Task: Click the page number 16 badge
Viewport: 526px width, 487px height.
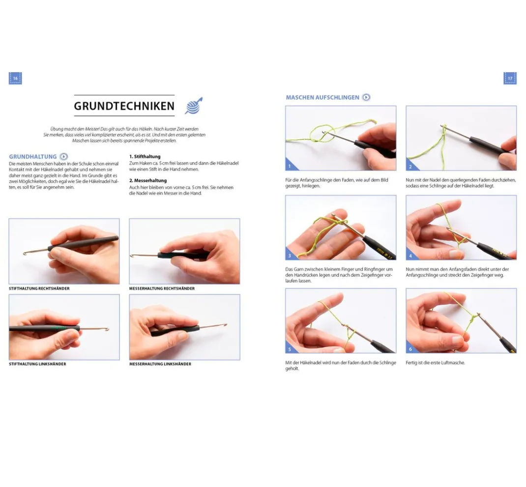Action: pos(15,78)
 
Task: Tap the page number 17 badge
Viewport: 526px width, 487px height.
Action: pos(510,78)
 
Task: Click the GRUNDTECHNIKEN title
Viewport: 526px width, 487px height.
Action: pos(124,106)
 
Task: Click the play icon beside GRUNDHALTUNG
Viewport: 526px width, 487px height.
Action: pos(64,157)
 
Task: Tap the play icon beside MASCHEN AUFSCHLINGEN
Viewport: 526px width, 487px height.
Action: pos(366,97)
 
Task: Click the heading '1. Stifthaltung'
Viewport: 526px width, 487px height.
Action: pos(145,157)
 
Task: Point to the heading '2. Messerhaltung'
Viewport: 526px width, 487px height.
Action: pos(148,180)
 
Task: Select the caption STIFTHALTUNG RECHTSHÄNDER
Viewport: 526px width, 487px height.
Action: pos(39,288)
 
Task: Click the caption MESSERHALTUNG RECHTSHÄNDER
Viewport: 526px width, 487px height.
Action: pos(162,288)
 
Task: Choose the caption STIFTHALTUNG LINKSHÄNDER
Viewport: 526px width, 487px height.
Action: pos(37,364)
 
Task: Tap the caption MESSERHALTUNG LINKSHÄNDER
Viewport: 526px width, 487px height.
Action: pos(160,364)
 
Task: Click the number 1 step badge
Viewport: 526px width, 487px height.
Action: pos(290,166)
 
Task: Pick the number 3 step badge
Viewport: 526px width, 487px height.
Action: pos(290,256)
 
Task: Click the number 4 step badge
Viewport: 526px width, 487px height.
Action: pos(410,256)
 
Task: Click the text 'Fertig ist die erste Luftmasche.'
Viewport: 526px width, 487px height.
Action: pos(435,363)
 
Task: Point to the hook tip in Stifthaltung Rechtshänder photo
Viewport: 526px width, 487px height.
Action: pos(24,253)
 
